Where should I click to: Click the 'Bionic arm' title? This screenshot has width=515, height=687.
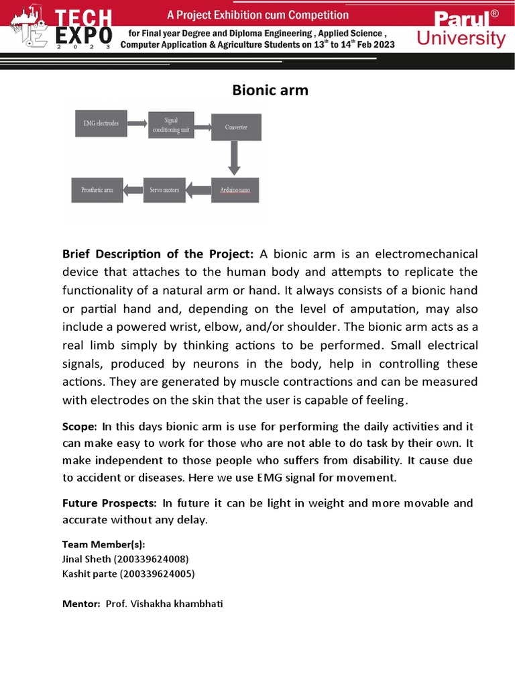(x=270, y=90)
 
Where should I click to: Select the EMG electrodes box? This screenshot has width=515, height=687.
(x=101, y=124)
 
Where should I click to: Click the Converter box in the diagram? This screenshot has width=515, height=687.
(x=235, y=127)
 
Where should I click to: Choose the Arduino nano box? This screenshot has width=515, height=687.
(x=235, y=191)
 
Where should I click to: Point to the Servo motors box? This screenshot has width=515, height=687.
(x=164, y=191)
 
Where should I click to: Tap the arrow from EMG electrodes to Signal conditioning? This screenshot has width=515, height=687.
(x=137, y=124)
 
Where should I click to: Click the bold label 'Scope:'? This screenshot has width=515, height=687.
(x=80, y=427)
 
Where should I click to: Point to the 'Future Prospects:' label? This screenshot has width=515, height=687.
(x=109, y=503)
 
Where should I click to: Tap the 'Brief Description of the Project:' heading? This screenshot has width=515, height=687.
(x=158, y=254)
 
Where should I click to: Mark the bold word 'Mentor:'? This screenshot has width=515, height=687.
(x=81, y=604)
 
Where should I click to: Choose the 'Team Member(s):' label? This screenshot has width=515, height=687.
(x=103, y=544)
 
